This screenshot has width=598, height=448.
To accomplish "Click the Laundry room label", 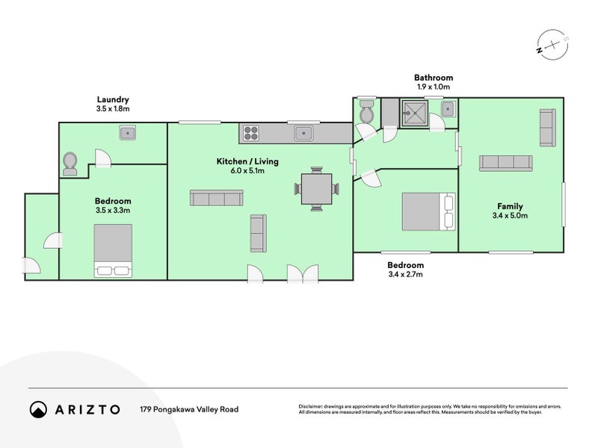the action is click(113, 99).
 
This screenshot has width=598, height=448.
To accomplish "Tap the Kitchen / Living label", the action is click(247, 161).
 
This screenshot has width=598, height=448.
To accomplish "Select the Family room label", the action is click(510, 206).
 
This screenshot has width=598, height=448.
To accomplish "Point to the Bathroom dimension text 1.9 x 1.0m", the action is click(434, 87).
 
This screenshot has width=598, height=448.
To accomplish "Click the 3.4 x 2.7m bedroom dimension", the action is click(405, 274).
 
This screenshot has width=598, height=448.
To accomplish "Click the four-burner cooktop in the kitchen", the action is click(251, 134).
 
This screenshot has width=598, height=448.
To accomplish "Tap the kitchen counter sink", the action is click(303, 134).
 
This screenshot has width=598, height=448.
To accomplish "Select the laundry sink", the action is click(128, 133).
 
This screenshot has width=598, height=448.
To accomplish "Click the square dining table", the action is click(316, 189).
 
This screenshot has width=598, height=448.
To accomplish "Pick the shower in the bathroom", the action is click(414, 113).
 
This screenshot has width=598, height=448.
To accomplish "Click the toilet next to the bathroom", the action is click(368, 111).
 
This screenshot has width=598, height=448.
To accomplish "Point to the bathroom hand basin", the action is click(447, 109).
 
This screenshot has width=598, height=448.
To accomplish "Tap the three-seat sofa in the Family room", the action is click(506, 164).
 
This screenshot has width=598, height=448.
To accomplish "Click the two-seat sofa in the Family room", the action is click(548, 128).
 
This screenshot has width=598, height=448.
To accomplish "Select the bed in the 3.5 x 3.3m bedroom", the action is click(114, 250).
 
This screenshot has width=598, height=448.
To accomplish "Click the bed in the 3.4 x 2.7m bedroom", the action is click(428, 212).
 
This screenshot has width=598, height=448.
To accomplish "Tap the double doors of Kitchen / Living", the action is click(303, 274).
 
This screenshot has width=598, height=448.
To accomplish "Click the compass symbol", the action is click(552, 45).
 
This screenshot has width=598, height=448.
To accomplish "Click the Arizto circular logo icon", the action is click(39, 409).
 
